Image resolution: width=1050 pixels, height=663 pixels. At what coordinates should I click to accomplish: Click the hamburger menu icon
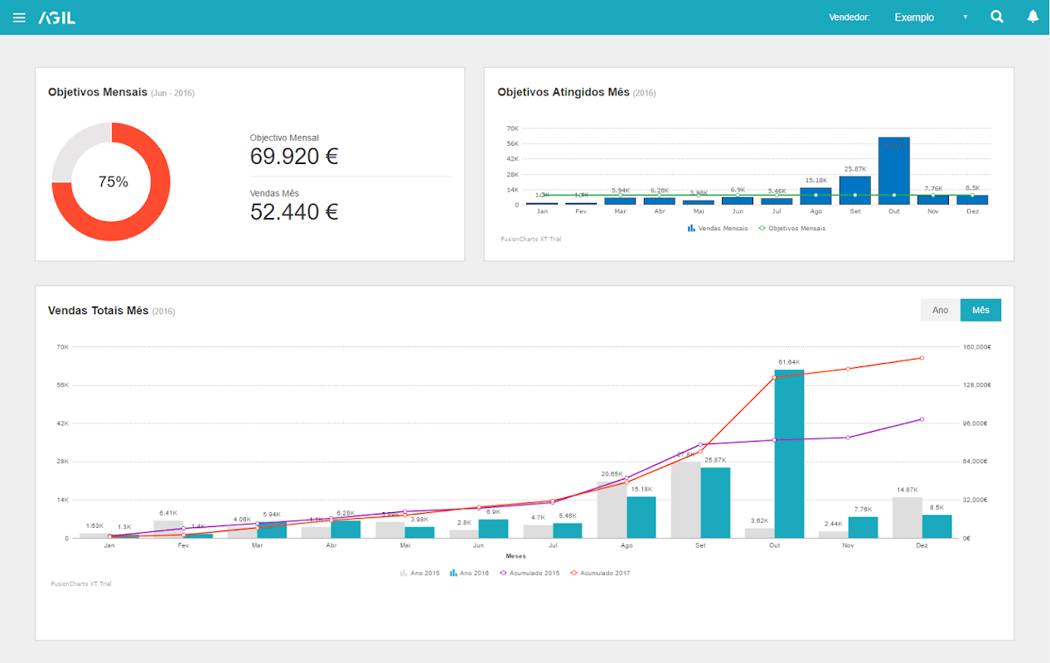[19, 17]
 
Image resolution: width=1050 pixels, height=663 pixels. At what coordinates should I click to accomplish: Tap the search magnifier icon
[997, 17]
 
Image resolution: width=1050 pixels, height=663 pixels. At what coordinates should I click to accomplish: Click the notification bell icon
[1033, 17]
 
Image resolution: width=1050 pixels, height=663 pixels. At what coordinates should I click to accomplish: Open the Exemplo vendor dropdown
[930, 17]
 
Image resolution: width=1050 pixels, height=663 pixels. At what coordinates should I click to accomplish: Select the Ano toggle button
[940, 310]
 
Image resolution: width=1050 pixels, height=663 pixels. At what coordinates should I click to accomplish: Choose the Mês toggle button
[980, 310]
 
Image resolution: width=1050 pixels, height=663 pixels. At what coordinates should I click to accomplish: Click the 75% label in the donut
[113, 182]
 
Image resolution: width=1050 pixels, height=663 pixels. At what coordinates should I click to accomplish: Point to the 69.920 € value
[294, 157]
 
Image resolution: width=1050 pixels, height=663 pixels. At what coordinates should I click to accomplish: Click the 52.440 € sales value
[294, 212]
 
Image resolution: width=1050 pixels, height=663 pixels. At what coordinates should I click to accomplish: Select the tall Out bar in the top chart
[894, 170]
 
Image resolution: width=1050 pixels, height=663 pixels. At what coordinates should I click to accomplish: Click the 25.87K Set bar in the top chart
[855, 190]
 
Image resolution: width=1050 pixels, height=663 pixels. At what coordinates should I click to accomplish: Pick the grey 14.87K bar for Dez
[907, 517]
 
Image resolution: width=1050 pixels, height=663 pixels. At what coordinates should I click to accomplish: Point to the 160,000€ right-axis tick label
[977, 347]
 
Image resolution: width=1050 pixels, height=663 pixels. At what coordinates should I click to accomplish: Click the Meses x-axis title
[515, 556]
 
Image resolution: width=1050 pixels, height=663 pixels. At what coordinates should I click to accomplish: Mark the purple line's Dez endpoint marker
[922, 419]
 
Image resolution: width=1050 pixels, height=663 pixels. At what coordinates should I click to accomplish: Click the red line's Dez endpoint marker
[922, 358]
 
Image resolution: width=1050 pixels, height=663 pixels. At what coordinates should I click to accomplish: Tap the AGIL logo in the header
[56, 17]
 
